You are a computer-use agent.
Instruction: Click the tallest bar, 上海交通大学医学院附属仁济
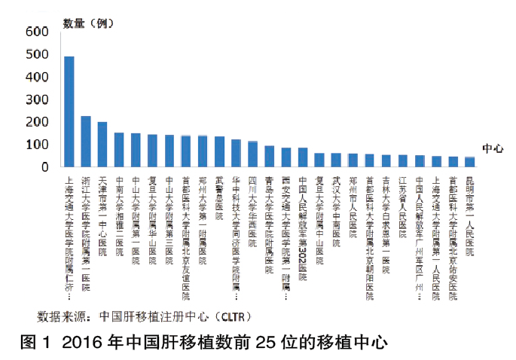[x=69, y=111]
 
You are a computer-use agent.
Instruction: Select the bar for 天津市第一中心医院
[x=102, y=144]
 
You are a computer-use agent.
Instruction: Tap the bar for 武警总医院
[x=219, y=151]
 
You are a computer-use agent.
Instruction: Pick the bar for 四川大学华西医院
[x=253, y=154]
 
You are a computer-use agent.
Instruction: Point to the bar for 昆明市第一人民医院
[x=469, y=161]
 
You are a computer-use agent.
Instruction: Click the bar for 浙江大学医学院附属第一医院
[x=86, y=141]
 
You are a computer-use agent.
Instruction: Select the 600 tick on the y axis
[x=37, y=32]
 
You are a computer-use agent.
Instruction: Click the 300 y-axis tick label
[x=37, y=99]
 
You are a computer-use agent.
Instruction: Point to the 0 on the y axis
[x=47, y=166]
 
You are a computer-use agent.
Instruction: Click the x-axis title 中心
[x=493, y=148]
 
